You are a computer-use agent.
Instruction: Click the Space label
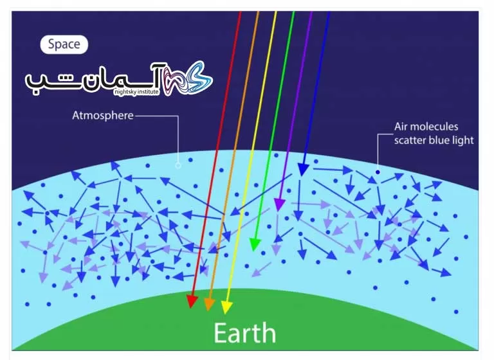coord(64,44)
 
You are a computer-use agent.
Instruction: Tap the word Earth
coord(245,333)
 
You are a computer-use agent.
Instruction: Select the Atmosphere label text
coord(103,116)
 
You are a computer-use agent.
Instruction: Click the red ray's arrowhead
coord(192,301)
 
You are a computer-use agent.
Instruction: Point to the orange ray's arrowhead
coord(209,304)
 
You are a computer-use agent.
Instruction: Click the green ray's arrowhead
coord(255,244)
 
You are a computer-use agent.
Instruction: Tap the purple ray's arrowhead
coord(279,204)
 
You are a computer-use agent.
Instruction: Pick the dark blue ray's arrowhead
coord(303,170)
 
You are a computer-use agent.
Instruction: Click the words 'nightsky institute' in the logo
coord(136,92)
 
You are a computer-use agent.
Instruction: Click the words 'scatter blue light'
coord(434,141)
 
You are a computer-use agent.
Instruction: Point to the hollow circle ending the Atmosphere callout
coord(178,165)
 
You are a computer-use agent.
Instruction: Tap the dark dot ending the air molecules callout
coord(378,172)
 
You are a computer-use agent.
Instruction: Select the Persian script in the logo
coord(93,78)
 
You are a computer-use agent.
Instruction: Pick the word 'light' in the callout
coord(463,141)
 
